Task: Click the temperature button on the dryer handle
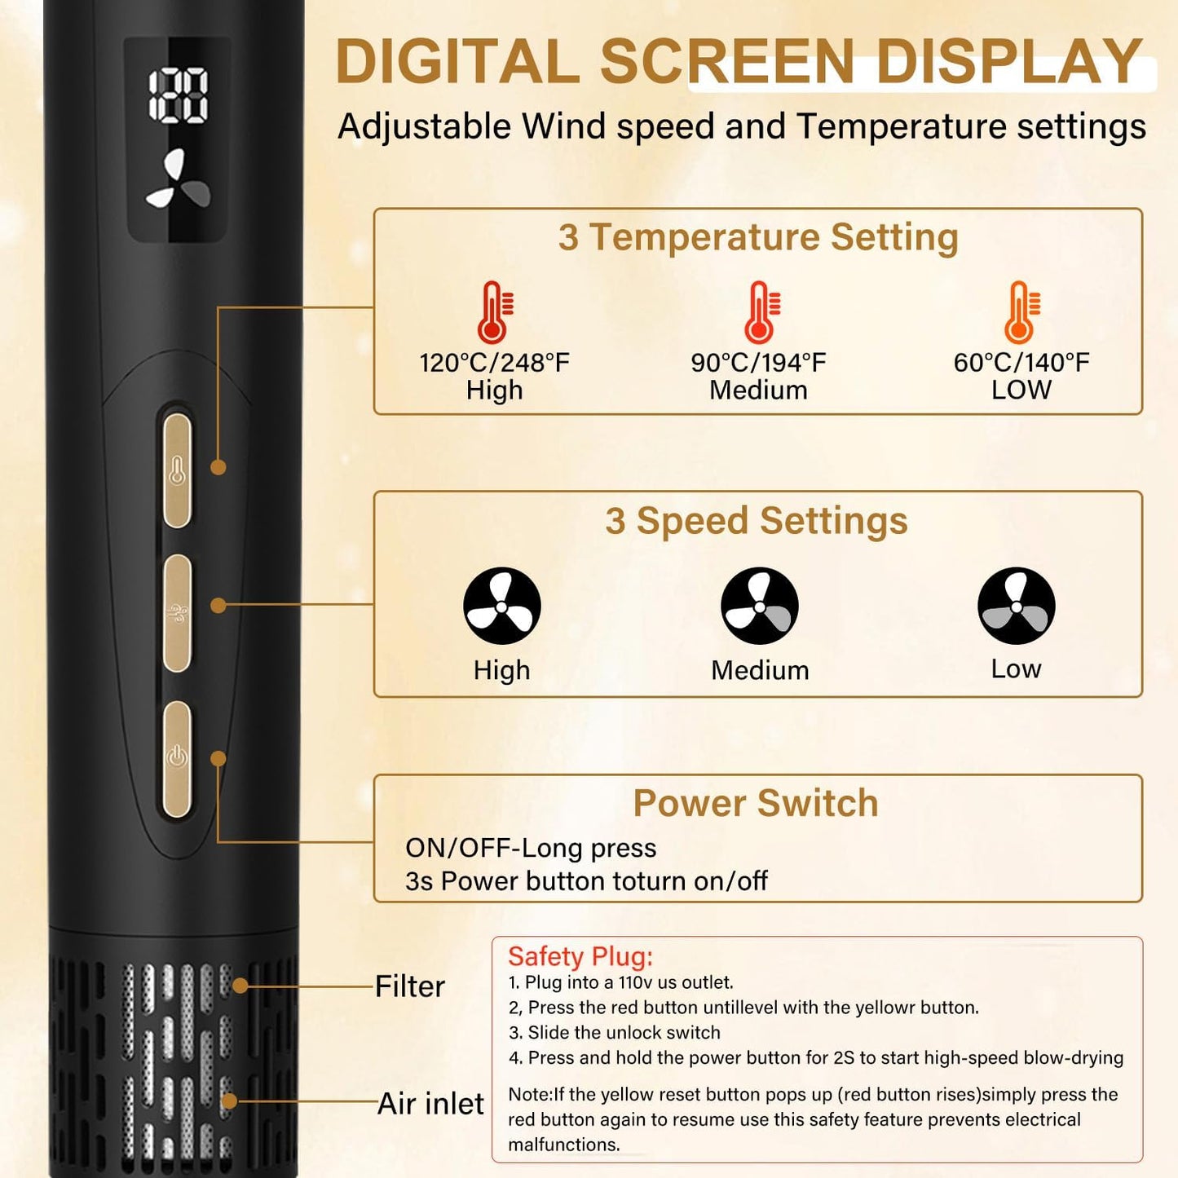coord(177,470)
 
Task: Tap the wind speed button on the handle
coord(177,612)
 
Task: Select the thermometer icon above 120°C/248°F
coord(496,311)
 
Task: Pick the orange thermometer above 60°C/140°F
coord(1021,311)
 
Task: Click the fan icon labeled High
coord(502,606)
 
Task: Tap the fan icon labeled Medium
coord(759,606)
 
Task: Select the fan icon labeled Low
coord(1016,606)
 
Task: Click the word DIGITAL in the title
coord(457,61)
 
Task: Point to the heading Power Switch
coord(756,803)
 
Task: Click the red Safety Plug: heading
coord(580,957)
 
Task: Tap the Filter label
coord(410,986)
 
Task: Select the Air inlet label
coord(431,1104)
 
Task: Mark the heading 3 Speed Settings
coord(757,522)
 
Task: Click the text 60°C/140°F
coord(1021,363)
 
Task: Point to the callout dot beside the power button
coord(218,759)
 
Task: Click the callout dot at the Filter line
coord(240,986)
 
